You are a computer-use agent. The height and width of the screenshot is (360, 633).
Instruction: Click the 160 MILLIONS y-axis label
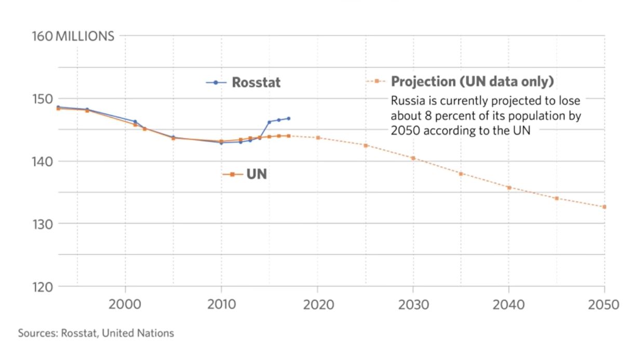click(73, 36)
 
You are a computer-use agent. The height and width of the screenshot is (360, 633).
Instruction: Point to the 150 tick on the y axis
click(43, 99)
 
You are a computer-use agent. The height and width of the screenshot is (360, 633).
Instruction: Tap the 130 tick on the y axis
click(43, 224)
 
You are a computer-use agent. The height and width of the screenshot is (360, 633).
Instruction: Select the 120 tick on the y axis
click(43, 287)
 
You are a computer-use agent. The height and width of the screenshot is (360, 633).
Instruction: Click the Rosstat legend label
click(256, 83)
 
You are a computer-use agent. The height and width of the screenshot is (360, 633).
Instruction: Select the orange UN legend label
click(257, 174)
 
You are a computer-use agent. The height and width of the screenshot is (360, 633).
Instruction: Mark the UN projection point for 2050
click(604, 207)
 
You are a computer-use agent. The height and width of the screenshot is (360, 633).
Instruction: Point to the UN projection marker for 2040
click(509, 188)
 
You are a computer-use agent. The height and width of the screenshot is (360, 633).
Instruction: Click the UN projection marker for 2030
click(413, 158)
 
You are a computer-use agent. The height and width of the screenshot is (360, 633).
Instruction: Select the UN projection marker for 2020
click(318, 138)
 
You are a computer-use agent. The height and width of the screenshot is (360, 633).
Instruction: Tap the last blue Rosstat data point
click(288, 118)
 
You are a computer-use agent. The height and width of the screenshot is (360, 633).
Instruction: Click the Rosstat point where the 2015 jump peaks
click(269, 122)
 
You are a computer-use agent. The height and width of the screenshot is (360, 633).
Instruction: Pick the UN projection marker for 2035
click(461, 174)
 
